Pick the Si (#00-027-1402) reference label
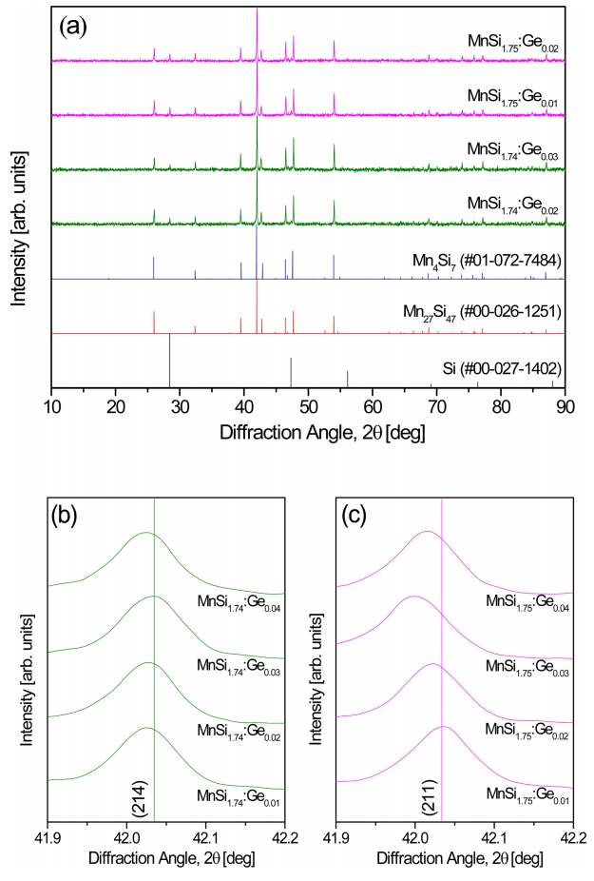(502, 367)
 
